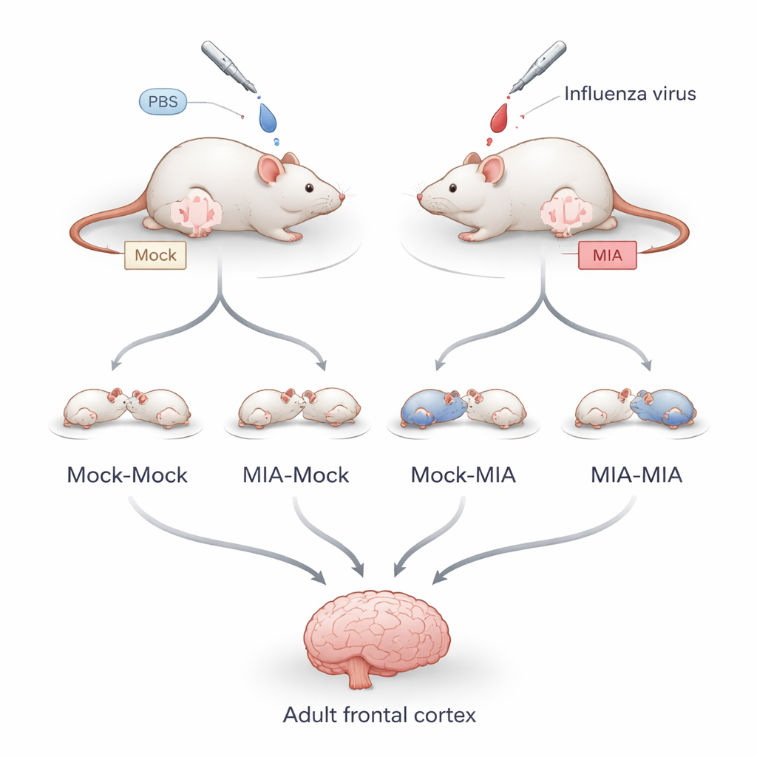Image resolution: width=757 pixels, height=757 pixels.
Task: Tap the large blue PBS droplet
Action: coord(266,118)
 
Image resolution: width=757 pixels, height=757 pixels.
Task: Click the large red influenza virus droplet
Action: coord(500,117)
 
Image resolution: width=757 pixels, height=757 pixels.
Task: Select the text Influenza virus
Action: coord(630,94)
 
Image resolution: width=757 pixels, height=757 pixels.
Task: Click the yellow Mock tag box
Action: coord(155,255)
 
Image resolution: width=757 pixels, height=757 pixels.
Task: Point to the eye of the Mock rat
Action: coord(308,189)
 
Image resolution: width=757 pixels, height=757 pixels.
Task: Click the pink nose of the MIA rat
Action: coord(419,197)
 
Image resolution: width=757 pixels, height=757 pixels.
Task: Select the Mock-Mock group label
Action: coord(127,475)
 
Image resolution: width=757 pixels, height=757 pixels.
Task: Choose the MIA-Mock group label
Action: coord(296,475)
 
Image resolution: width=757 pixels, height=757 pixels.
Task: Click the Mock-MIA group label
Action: coord(463,475)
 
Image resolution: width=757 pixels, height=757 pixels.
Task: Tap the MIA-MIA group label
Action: coord(637,475)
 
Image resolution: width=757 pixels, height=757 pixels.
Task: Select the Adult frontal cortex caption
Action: coord(378,715)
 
